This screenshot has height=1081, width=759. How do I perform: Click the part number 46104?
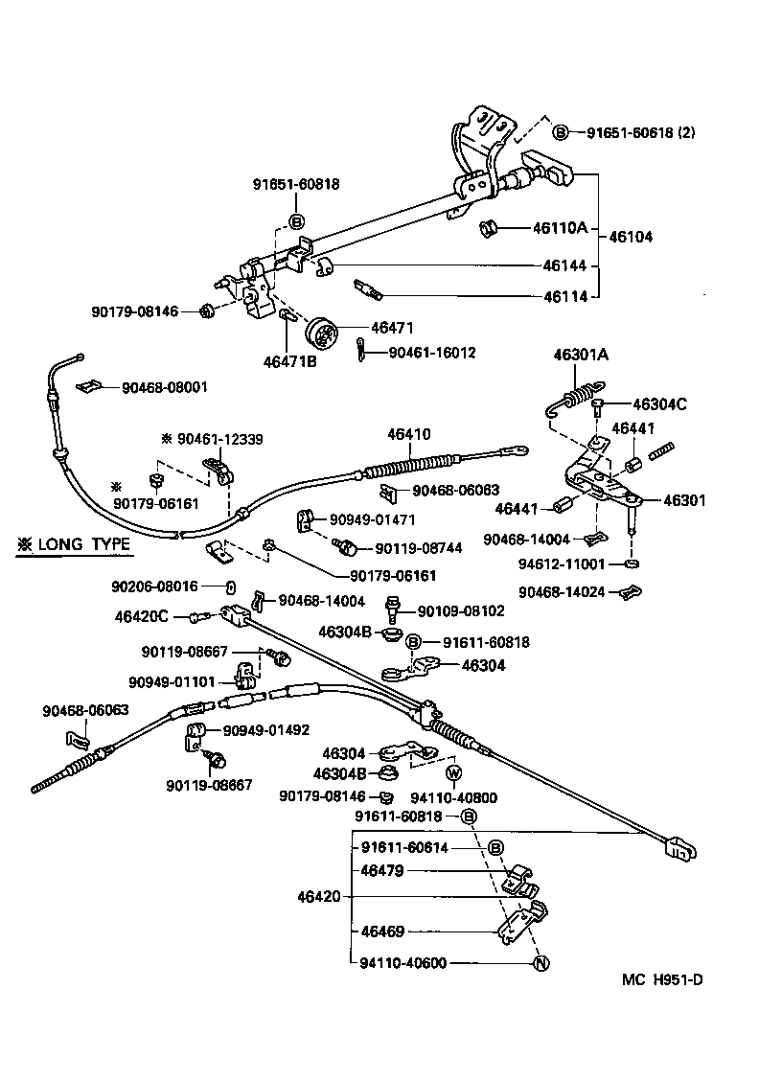coord(631,236)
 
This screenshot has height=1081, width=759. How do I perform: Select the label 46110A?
coord(559,228)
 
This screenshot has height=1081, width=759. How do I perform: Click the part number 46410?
coord(409,434)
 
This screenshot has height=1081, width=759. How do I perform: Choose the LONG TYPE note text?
coord(73,545)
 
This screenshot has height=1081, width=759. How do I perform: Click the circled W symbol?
coord(454,773)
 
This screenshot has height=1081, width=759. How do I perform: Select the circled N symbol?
coord(540,963)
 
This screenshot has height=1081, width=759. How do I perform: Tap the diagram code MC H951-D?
coord(662,979)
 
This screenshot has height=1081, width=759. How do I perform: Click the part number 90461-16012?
coord(431,353)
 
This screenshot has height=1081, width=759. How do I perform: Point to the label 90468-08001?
coord(165,387)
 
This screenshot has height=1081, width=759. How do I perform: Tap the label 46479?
coord(381,871)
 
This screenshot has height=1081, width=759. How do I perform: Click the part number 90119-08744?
coord(418,548)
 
